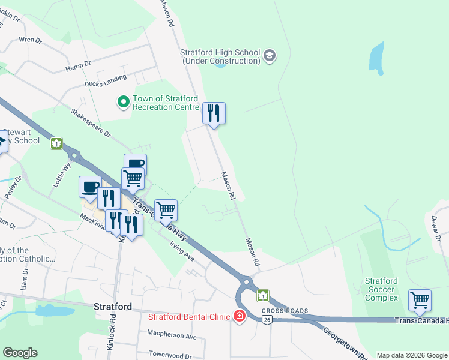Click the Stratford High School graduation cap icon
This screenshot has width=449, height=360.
(270, 56)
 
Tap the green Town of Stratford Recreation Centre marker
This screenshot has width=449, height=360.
(124, 103)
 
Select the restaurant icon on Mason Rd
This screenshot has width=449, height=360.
(214, 113)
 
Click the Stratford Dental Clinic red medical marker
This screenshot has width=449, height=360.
(240, 316)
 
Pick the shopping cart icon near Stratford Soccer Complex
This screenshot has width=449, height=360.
(420, 299)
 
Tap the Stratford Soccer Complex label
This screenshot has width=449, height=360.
(382, 289)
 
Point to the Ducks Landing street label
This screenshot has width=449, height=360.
(106, 80)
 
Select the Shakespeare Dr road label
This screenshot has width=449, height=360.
(91, 122)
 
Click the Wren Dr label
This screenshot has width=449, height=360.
(30, 40)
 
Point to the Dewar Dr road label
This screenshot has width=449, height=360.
(436, 230)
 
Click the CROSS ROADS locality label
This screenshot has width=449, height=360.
(285, 311)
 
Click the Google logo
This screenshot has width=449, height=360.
(20, 353)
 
